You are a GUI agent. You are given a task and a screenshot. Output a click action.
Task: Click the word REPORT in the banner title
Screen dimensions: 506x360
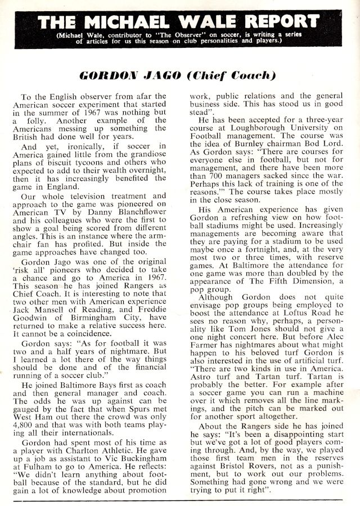(274, 22)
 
